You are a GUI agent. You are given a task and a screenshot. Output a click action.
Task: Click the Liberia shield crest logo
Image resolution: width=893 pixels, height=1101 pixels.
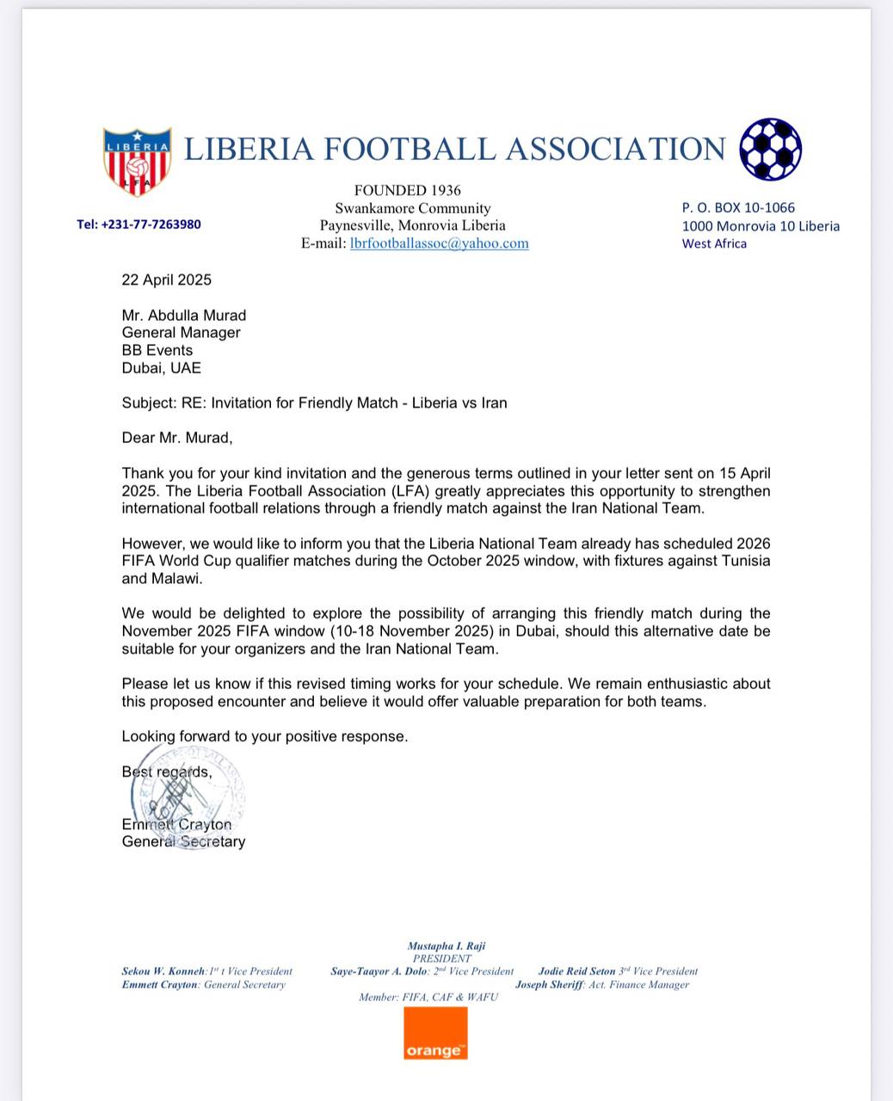click(x=137, y=160)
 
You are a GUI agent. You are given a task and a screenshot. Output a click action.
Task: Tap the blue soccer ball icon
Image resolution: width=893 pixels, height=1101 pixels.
click(x=770, y=149)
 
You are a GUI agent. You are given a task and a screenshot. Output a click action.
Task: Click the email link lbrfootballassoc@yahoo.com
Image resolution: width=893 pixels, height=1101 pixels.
click(x=439, y=243)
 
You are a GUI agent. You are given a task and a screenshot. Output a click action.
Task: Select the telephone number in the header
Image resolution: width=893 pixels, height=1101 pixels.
click(x=139, y=225)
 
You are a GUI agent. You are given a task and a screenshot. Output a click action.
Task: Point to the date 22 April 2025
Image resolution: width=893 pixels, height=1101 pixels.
click(x=166, y=280)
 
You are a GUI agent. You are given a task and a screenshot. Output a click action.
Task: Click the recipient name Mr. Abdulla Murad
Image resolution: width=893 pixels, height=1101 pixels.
click(x=183, y=315)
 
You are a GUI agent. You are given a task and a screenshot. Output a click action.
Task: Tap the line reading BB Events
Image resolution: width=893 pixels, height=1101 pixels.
click(x=157, y=350)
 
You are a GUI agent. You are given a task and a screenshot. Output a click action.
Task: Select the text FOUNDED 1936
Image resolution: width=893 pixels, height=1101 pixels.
click(x=408, y=190)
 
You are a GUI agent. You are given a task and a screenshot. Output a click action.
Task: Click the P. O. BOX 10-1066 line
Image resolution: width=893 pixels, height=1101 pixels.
click(x=738, y=207)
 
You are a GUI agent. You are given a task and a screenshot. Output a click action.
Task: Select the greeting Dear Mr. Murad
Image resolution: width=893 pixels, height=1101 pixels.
click(x=176, y=438)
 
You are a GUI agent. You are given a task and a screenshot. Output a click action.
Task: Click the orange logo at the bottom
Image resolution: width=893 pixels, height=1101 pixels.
click(x=435, y=1033)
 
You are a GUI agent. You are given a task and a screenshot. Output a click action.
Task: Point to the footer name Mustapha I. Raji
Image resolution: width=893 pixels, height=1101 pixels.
click(x=446, y=946)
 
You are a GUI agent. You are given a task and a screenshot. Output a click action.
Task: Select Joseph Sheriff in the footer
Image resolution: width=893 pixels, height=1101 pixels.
click(x=550, y=985)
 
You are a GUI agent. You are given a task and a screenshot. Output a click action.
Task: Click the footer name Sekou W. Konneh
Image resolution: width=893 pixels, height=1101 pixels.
click(x=163, y=971)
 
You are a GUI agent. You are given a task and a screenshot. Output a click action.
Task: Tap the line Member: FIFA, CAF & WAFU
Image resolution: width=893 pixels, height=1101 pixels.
click(x=428, y=998)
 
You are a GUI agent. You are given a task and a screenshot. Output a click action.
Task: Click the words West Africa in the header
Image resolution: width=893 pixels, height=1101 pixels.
click(x=714, y=243)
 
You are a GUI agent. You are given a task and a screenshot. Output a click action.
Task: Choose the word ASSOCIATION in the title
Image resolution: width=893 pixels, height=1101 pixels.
click(x=615, y=149)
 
